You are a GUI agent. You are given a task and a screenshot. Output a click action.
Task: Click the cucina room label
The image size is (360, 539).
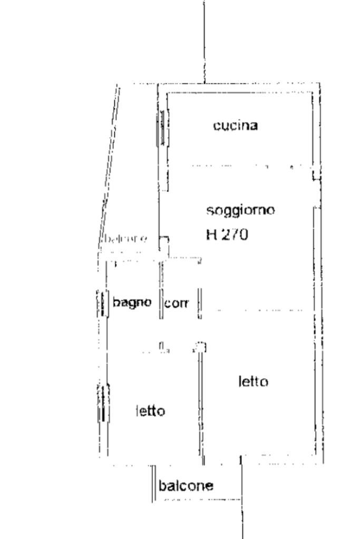click(x=235, y=125)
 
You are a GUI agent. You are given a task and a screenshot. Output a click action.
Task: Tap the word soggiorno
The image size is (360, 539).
click(x=240, y=210)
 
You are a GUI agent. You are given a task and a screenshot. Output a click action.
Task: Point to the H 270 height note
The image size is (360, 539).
click(x=227, y=234)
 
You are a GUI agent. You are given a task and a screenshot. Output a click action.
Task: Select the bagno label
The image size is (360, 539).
click(x=132, y=302)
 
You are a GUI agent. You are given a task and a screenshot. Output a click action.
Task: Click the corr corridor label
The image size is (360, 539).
click(x=177, y=303)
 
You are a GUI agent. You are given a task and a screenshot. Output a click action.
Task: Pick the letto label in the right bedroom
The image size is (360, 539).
click(x=253, y=381)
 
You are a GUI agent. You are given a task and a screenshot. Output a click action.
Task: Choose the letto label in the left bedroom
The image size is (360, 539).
click(x=150, y=410)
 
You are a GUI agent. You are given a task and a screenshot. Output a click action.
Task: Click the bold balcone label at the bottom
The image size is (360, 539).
click(x=186, y=485)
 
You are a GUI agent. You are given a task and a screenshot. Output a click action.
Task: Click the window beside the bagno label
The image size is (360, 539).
click(x=102, y=304)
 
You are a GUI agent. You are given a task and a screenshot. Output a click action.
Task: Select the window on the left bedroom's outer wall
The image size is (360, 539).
click(x=103, y=403)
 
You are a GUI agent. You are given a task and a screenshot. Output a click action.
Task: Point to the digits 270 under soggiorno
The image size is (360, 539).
click(x=235, y=234)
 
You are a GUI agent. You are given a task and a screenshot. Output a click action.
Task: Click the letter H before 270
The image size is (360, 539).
click(x=211, y=234)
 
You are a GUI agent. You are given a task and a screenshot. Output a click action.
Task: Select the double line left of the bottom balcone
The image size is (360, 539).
click(x=154, y=484)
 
